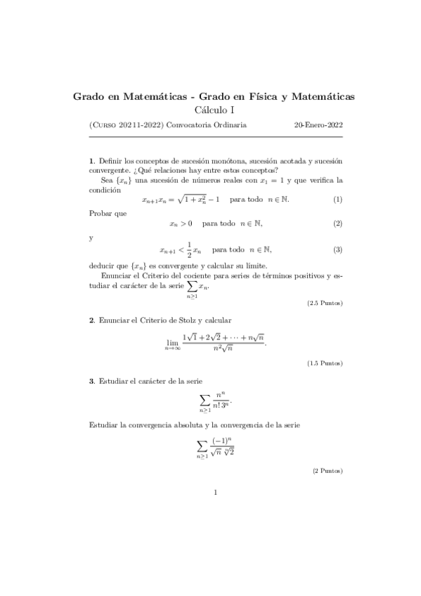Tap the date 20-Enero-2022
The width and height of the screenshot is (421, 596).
(x=318, y=125)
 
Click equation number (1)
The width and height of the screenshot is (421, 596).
(x=337, y=200)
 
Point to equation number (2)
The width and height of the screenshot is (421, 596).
(x=337, y=224)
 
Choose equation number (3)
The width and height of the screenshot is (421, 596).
(x=337, y=250)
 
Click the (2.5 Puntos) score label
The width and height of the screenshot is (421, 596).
(x=325, y=303)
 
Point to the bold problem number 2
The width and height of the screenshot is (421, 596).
(x=91, y=320)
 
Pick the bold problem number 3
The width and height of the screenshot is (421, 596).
(x=91, y=381)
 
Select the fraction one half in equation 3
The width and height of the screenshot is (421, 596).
(x=188, y=249)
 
